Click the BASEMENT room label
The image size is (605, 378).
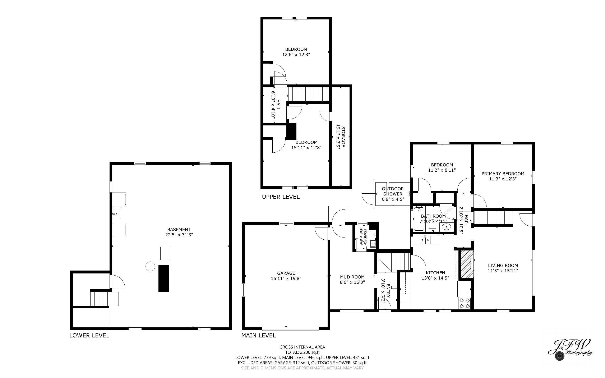179,229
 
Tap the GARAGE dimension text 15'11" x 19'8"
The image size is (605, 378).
286,278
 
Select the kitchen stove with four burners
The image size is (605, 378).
465,303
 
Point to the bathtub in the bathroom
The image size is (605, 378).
419,219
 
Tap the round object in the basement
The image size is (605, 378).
151,266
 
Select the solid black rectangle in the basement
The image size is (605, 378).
164,278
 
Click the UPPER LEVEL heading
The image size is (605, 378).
281,197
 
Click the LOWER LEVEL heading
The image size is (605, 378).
89,336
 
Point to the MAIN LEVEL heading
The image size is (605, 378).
258,336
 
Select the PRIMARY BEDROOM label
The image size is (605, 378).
503,174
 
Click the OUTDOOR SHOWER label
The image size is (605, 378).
393,191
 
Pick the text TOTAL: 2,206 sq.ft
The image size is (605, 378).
302,352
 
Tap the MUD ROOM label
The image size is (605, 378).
352,277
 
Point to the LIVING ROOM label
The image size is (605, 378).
503,265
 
